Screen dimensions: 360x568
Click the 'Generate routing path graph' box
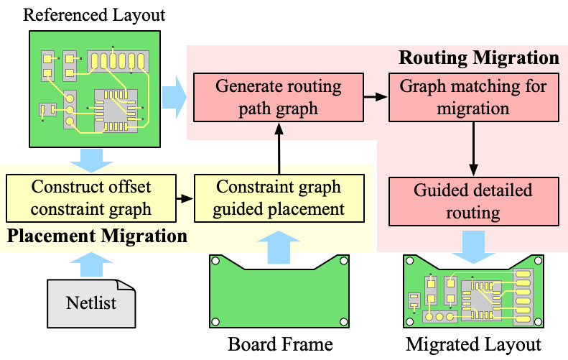[x=279, y=98]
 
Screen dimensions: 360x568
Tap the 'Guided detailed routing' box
[x=472, y=202]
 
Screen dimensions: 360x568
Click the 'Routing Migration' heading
[x=478, y=57]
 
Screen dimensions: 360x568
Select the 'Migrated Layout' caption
[x=473, y=343]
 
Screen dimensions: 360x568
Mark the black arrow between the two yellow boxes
[x=185, y=199]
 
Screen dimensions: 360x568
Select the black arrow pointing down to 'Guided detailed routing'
[x=472, y=148]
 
